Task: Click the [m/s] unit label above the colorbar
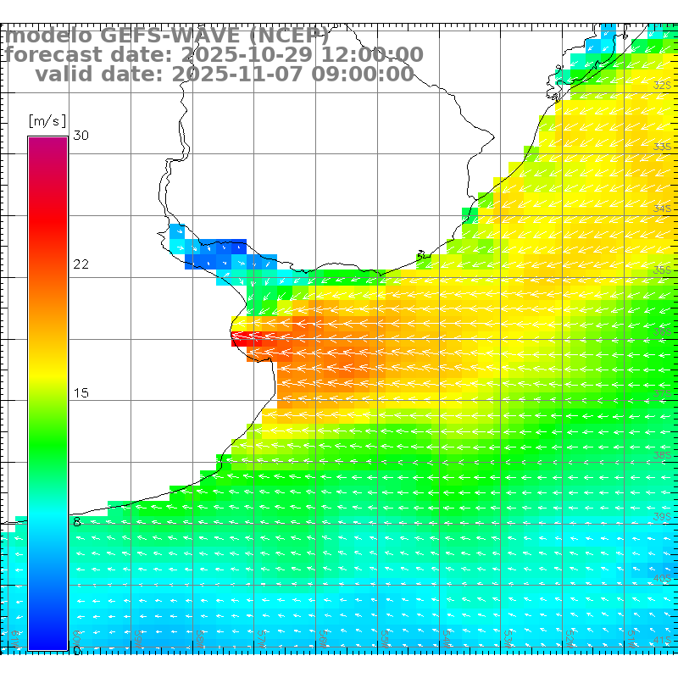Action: (47, 120)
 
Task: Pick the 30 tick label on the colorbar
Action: (81, 136)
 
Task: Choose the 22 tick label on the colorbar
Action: (81, 264)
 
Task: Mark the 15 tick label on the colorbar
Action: (81, 393)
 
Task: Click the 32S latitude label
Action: (663, 86)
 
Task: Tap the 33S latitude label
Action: (663, 147)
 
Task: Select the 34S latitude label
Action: (663, 208)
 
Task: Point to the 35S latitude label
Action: (663, 270)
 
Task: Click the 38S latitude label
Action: (663, 455)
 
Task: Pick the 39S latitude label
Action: (663, 516)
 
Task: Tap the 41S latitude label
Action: (663, 638)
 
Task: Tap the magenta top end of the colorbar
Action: (47, 144)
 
